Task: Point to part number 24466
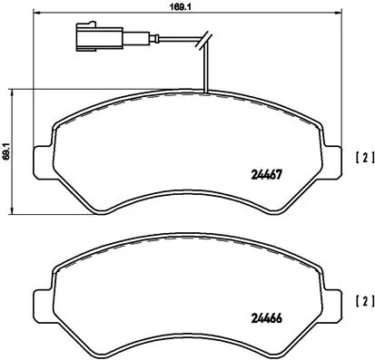pos(264,316)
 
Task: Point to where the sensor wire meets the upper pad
pos(207,92)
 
